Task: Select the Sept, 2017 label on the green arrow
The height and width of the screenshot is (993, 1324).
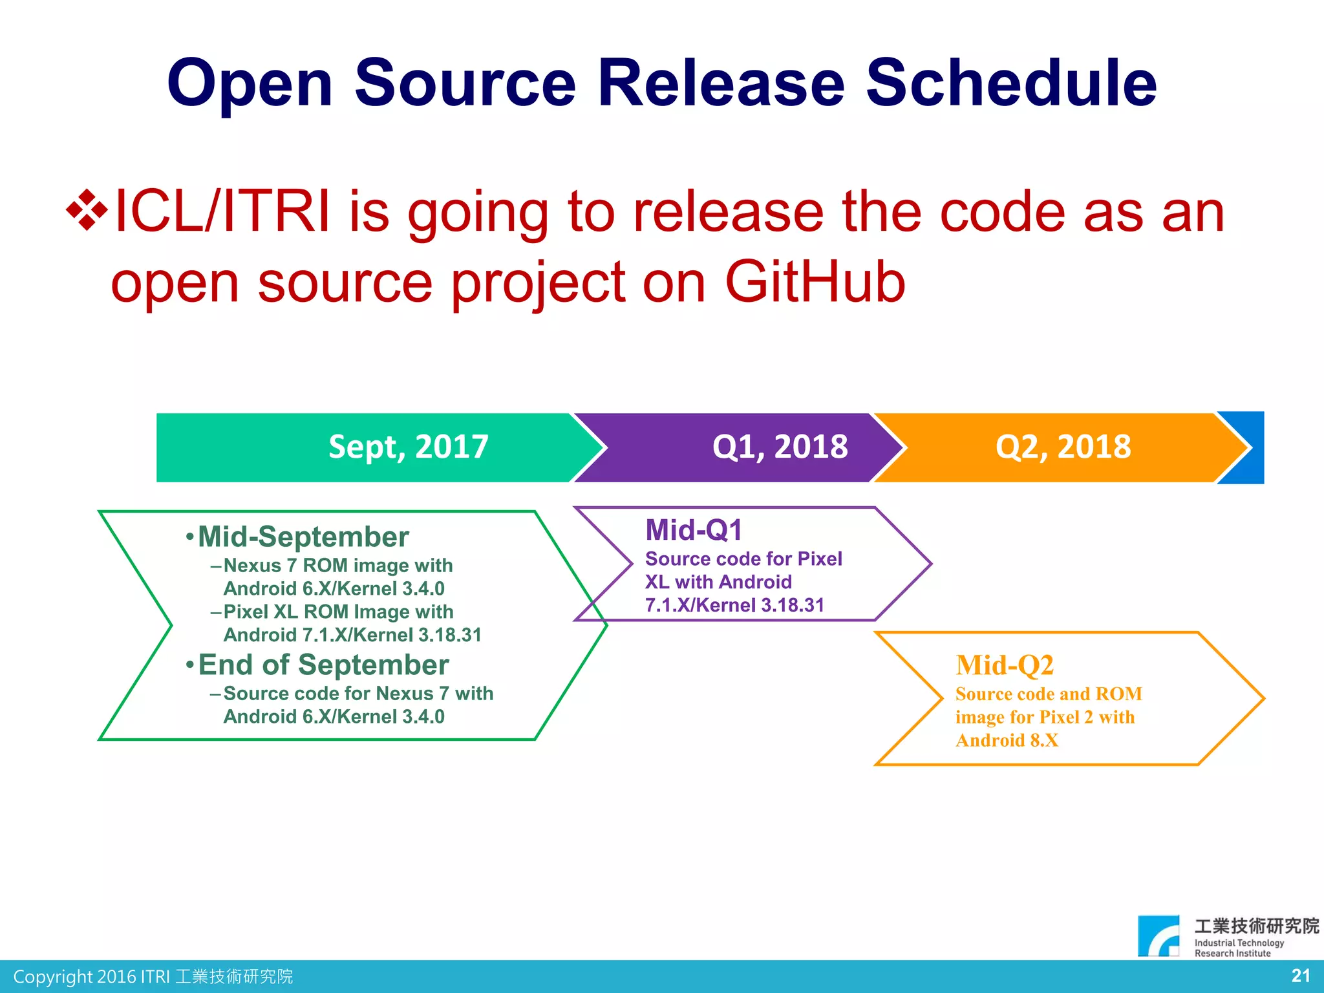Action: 408,447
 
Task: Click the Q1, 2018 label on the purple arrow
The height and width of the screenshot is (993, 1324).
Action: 780,447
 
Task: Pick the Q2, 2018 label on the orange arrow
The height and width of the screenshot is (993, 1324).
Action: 1063,447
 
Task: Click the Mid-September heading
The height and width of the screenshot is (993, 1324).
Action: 303,537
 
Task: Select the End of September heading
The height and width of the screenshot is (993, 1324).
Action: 323,665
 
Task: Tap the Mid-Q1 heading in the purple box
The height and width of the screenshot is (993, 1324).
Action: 694,530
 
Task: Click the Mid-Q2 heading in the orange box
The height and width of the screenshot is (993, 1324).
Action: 1005,665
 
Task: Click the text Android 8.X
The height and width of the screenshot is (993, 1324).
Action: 1007,740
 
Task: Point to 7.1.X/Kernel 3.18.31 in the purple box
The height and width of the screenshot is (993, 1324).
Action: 734,605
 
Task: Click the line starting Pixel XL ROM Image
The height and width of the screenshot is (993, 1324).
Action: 338,612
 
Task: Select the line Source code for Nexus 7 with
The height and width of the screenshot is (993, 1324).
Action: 358,694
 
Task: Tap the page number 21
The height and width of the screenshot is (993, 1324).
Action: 1301,976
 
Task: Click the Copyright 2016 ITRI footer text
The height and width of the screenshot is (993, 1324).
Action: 153,976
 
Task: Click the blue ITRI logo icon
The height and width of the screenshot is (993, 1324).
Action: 1158,935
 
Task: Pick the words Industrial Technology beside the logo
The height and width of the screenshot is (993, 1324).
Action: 1239,943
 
